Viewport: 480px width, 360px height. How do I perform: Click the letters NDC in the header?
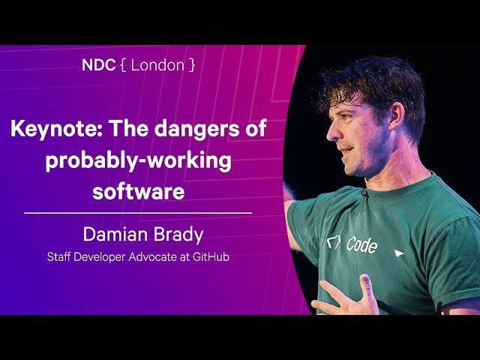tap(97, 64)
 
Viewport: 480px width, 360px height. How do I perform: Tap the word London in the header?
tap(157, 64)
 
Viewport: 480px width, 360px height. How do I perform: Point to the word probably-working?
tap(138, 160)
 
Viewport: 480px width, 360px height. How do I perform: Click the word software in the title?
tap(138, 191)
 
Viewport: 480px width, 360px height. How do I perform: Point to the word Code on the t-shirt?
tap(361, 245)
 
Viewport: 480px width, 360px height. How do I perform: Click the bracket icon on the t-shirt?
tap(333, 242)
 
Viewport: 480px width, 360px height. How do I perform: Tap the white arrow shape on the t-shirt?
tap(399, 253)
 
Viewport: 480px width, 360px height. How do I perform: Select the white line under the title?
tap(138, 214)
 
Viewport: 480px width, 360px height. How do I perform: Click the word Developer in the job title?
tap(104, 256)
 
